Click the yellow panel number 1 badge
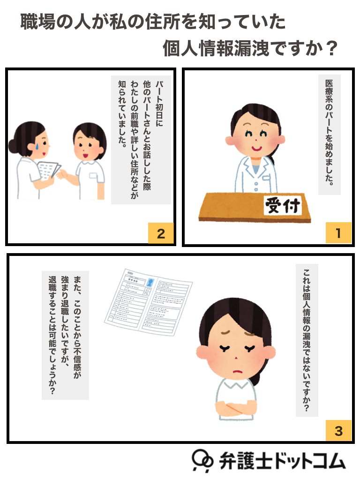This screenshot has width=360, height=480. [338, 233]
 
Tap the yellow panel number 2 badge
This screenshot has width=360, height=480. [161, 233]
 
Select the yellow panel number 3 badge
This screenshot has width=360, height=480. [338, 430]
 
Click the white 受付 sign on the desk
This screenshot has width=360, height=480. [284, 205]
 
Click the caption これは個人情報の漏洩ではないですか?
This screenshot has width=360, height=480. [307, 340]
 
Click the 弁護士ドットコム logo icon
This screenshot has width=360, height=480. [202, 459]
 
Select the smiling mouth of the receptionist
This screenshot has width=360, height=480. [256, 146]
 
